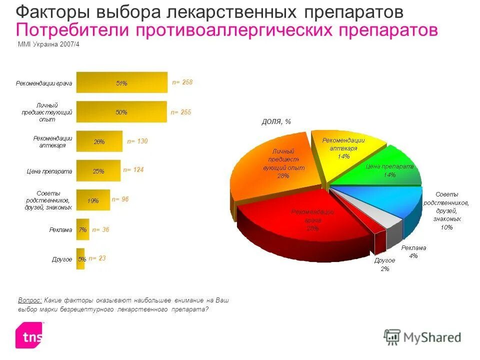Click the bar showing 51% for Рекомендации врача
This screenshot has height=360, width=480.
click(121, 83)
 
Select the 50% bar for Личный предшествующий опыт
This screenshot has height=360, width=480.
click(121, 112)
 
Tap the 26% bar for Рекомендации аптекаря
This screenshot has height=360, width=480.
click(99, 141)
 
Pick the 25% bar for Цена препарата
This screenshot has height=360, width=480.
click(98, 171)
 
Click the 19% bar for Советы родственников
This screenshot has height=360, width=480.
click(93, 200)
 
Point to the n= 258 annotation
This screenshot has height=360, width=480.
click(182, 82)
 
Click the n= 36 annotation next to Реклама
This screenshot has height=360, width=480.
click(99, 229)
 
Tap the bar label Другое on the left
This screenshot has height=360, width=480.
click(62, 259)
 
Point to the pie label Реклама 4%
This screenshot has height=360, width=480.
click(413, 251)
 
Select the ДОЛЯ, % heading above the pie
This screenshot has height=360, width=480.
click(276, 121)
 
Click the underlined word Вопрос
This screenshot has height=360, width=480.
click(29, 300)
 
